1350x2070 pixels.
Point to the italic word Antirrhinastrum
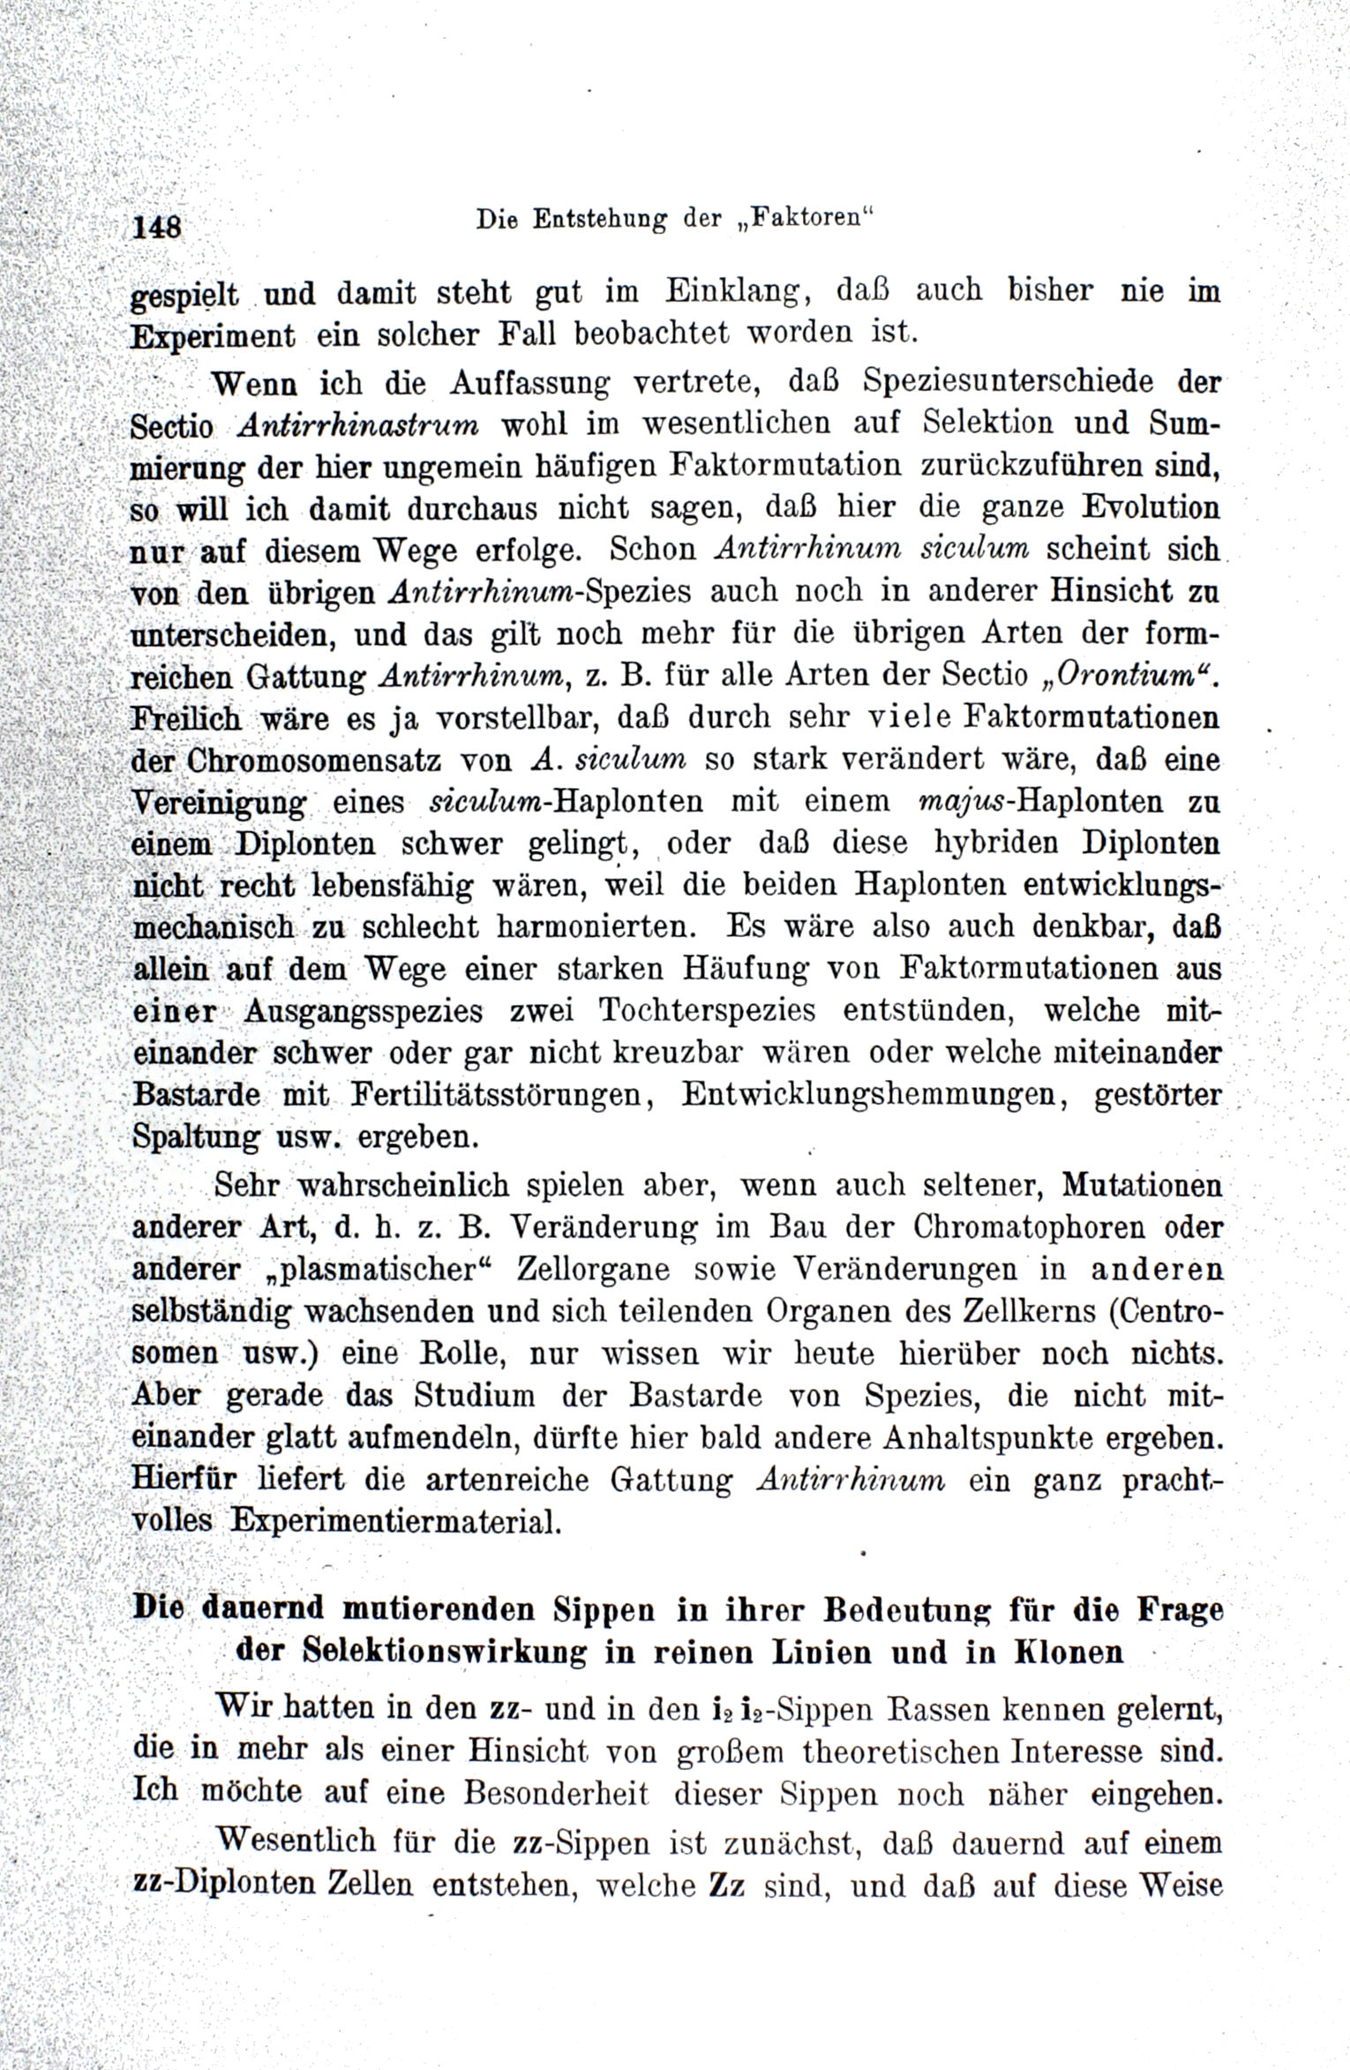pyautogui.click(x=358, y=424)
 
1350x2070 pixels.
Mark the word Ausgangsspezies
pyautogui.click(x=363, y=1010)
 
